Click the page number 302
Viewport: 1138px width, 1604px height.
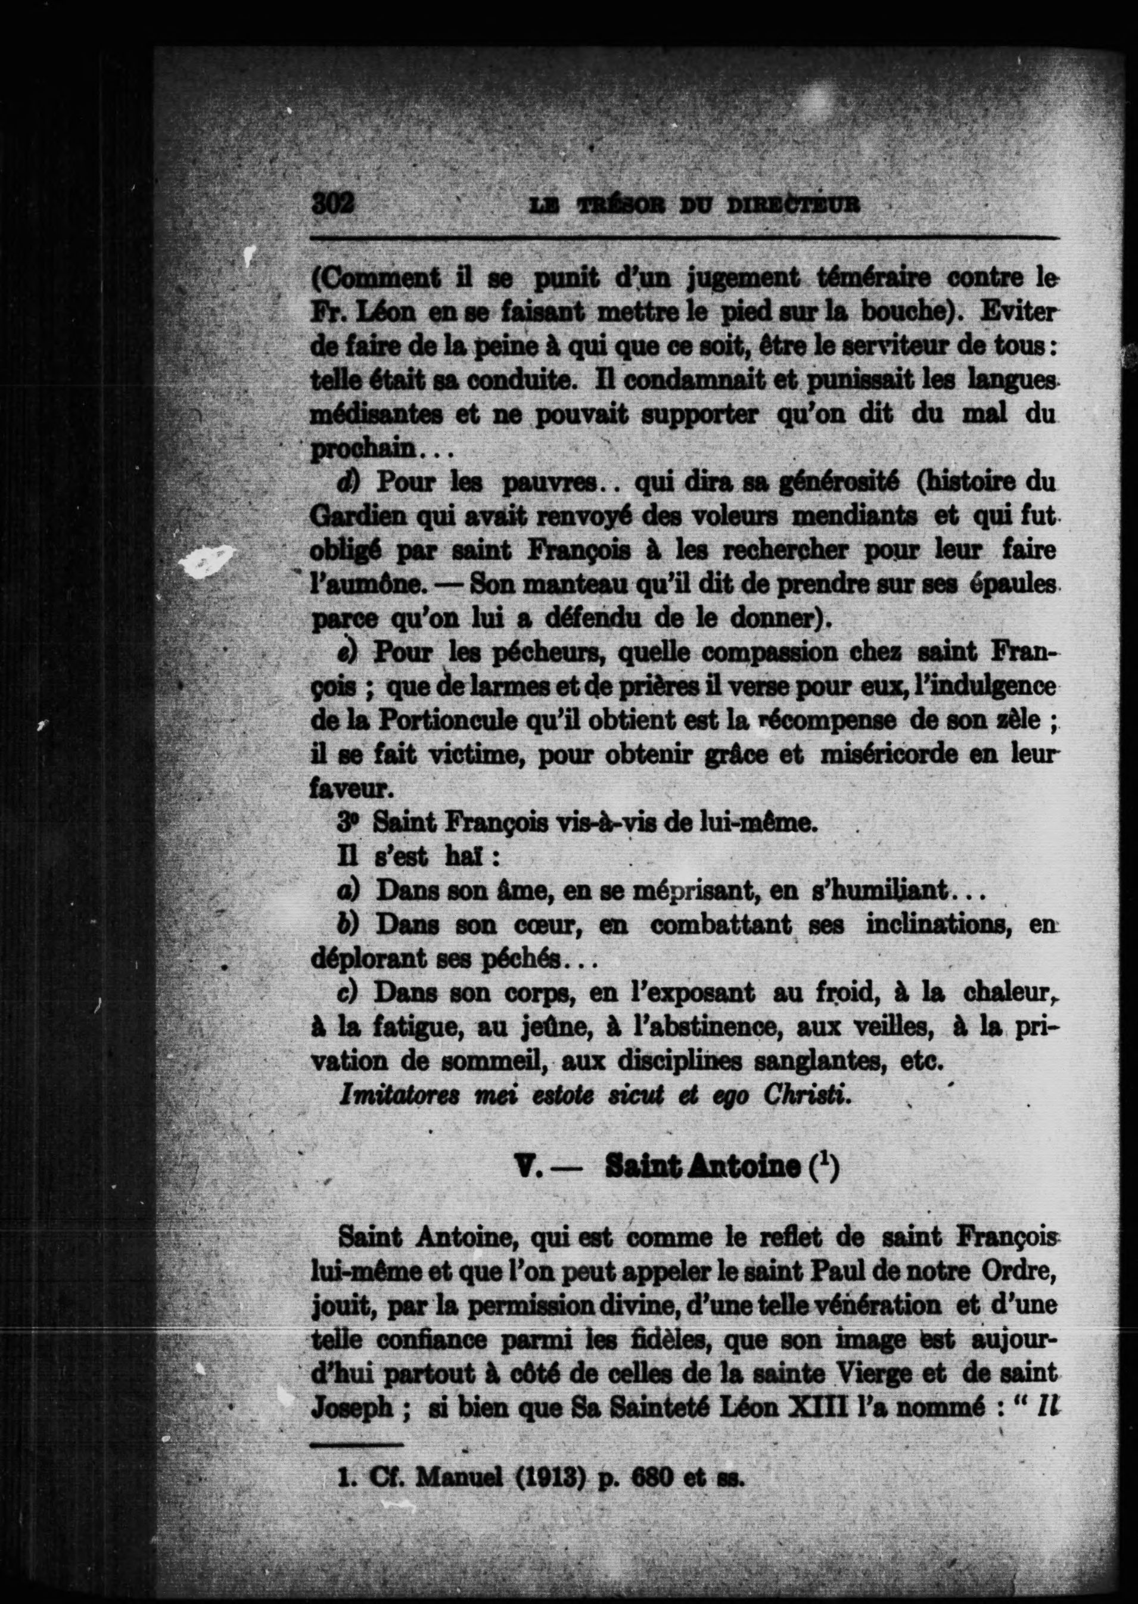pyautogui.click(x=334, y=204)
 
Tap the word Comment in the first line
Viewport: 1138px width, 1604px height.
pyautogui.click(x=375, y=278)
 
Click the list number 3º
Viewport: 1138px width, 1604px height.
pyautogui.click(x=347, y=823)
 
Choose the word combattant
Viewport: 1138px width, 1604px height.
pyautogui.click(x=721, y=925)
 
